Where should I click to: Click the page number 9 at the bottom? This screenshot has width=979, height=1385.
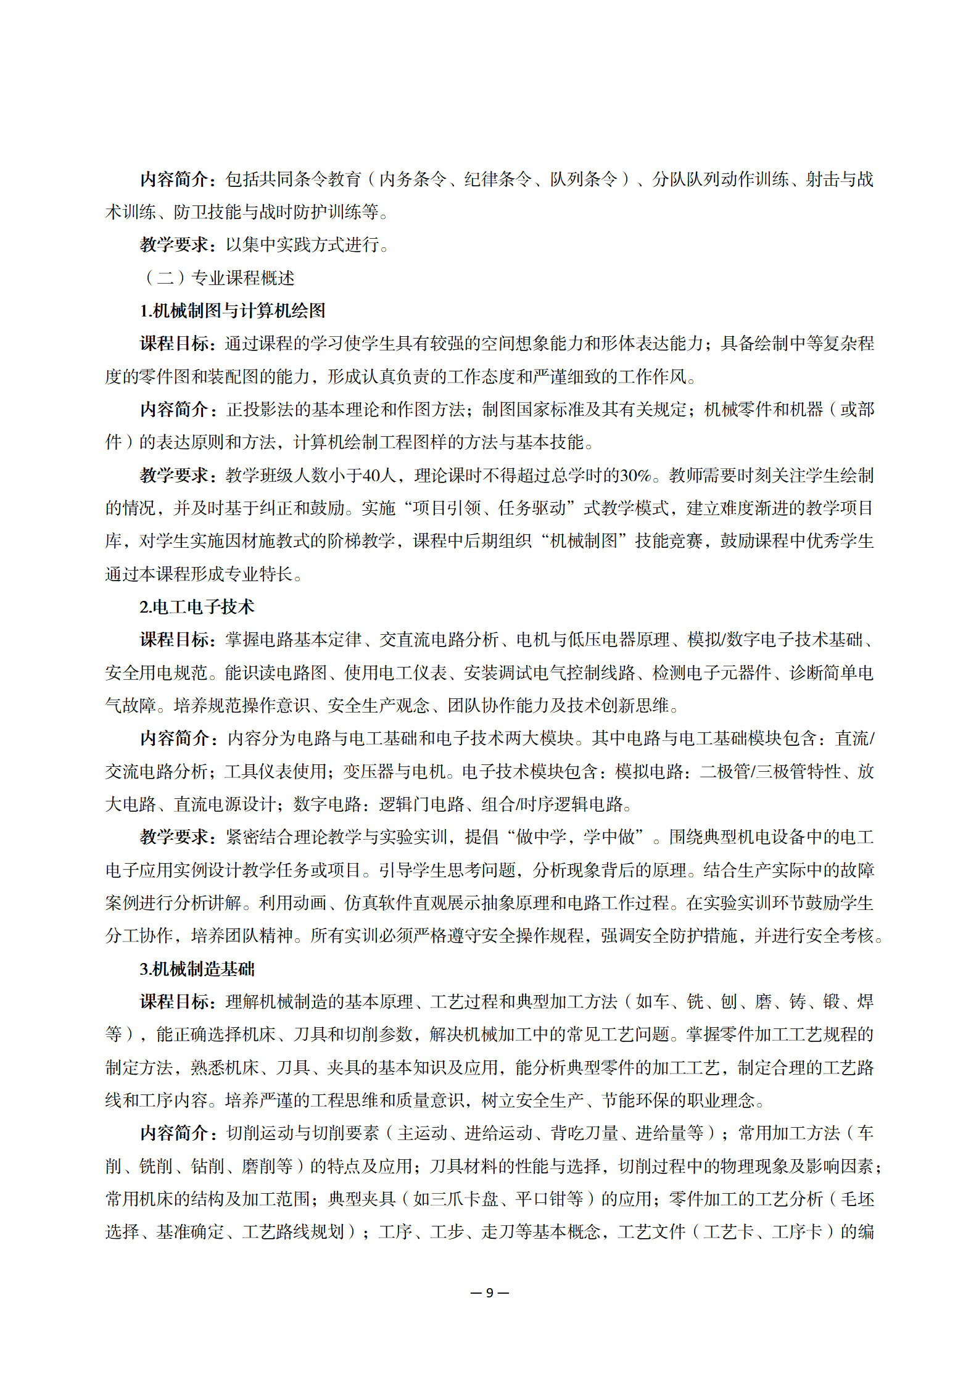pos(489,1292)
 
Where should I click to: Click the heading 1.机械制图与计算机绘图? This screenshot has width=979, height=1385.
pos(233,311)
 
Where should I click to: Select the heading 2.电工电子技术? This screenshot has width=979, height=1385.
pos(197,607)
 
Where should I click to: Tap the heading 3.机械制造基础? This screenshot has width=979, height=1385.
pos(197,969)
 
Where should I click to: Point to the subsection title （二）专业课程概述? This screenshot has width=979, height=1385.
pos(218,278)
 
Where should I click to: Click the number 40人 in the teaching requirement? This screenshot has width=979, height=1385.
pos(379,476)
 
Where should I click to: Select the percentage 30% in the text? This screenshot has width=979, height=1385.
pos(635,476)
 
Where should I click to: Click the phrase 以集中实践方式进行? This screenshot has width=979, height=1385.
pos(302,245)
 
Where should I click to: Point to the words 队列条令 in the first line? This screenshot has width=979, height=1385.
pos(584,180)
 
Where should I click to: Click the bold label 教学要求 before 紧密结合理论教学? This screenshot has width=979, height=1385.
pos(175,837)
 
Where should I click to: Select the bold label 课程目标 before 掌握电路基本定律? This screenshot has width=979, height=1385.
pos(175,640)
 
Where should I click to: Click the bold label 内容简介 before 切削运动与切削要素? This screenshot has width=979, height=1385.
pos(175,1133)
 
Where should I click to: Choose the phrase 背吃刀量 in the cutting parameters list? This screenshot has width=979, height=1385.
pos(584,1133)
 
